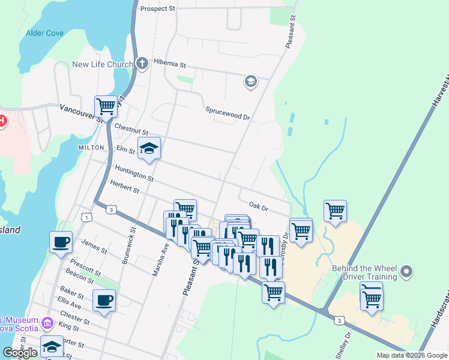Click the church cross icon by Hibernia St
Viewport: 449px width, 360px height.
click(x=142, y=63)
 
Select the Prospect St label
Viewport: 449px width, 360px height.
click(x=157, y=9)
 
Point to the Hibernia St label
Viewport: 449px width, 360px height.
click(x=170, y=63)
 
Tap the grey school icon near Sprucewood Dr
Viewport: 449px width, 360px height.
click(x=250, y=81)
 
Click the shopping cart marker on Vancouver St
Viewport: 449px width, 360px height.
click(x=106, y=106)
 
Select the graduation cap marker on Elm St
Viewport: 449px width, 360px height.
click(x=149, y=148)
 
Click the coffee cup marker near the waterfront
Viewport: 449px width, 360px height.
click(x=61, y=242)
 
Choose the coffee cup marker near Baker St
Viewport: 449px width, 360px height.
click(x=104, y=299)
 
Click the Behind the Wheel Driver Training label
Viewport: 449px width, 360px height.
click(x=364, y=272)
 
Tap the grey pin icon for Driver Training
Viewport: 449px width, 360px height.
click(x=408, y=272)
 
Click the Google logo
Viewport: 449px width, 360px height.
click(x=20, y=353)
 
